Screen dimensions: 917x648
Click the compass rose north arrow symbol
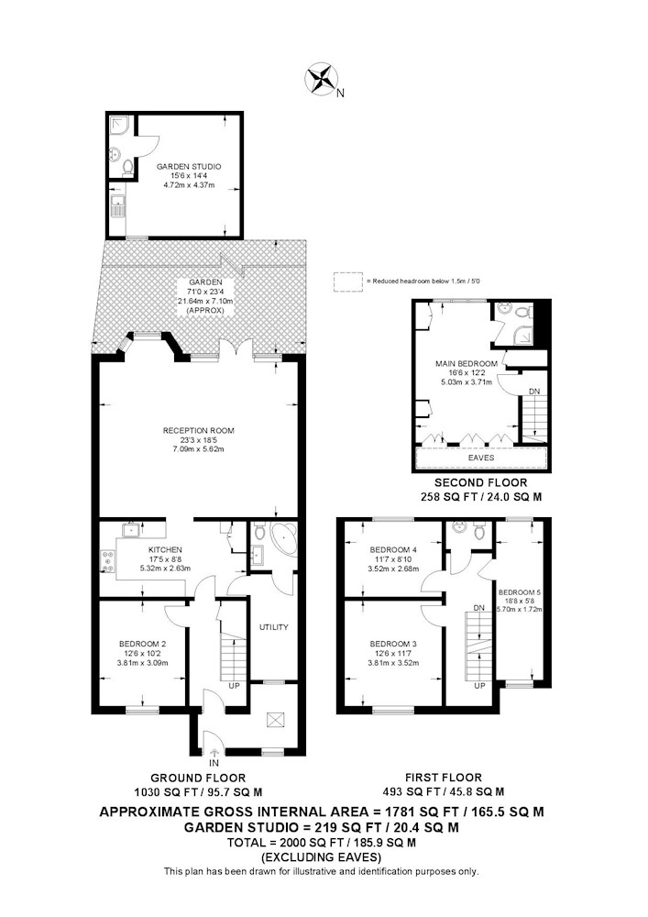tap(322, 79)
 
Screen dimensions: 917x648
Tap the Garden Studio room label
tap(188, 166)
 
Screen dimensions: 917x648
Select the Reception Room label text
tap(199, 430)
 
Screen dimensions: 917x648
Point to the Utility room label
tap(273, 627)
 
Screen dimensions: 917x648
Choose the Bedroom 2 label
tap(141, 643)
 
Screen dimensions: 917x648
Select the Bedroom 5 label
tap(520, 591)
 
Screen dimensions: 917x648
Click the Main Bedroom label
tap(467, 364)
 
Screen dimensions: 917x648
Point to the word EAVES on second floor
tap(481, 457)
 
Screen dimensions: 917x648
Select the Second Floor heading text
tap(481, 482)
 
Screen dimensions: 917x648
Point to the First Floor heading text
tap(443, 778)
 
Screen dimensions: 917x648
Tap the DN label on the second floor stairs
tap(534, 392)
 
